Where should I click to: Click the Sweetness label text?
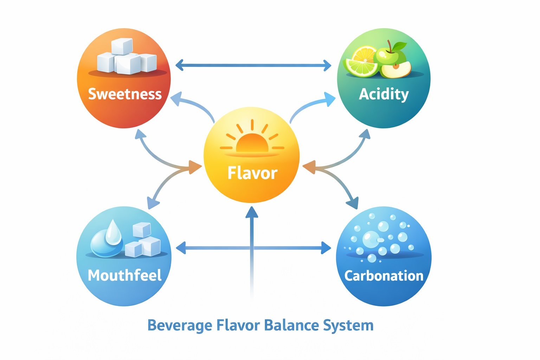tap(125, 94)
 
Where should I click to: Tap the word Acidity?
tap(384, 94)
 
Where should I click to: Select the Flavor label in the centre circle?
tap(252, 173)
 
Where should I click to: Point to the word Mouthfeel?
tap(125, 275)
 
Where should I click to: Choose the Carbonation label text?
tap(384, 276)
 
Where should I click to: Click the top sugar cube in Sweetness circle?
tap(122, 46)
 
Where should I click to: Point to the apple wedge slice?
tap(396, 69)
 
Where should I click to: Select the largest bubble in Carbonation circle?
tap(370, 239)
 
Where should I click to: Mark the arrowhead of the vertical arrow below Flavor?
tap(252, 212)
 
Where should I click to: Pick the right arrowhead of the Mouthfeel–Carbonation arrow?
tap(327, 248)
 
